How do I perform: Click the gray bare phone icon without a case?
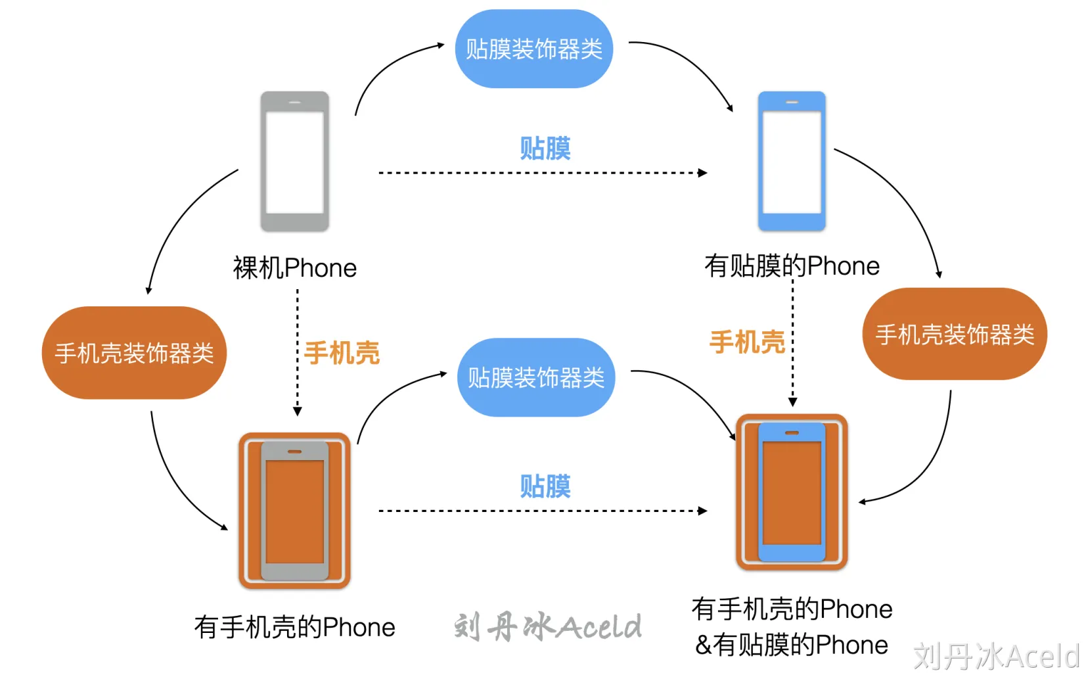294,162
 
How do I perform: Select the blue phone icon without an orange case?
792,162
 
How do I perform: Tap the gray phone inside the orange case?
294,510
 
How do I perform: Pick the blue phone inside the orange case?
792,492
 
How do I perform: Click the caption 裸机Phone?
294,268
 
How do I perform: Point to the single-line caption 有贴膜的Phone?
792,266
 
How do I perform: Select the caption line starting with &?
792,645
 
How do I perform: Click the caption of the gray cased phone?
294,628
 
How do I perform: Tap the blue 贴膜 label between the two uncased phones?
545,149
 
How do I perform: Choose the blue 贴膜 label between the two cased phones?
545,486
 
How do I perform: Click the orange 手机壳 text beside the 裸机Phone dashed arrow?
342,353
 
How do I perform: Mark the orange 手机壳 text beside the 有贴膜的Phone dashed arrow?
747,342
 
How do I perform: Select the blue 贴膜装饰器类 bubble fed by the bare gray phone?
533,49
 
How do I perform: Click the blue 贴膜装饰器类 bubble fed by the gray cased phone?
535,377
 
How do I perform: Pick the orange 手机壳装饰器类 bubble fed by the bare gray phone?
134,353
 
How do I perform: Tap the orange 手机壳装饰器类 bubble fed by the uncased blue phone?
954,334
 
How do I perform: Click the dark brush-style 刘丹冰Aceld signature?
547,626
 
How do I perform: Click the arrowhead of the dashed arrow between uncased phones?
703,173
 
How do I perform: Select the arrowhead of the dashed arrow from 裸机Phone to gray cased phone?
298,411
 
